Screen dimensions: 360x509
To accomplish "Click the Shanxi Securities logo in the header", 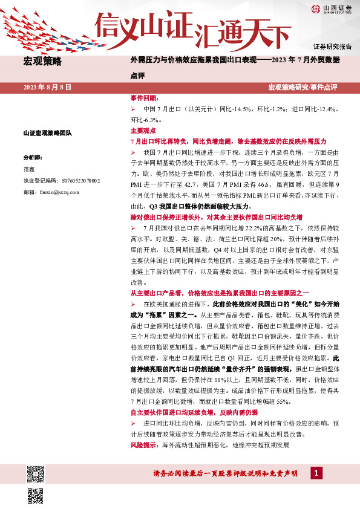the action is pyautogui.click(x=332, y=9).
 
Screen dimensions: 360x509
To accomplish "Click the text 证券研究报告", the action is pyautogui.click(x=332, y=47).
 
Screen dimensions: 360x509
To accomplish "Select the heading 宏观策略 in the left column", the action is pyautogui.click(x=42, y=61).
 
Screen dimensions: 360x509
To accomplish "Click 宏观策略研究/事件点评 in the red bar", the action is pyautogui.click(x=303, y=88).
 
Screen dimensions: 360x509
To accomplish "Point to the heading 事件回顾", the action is pyautogui.click(x=144, y=97).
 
